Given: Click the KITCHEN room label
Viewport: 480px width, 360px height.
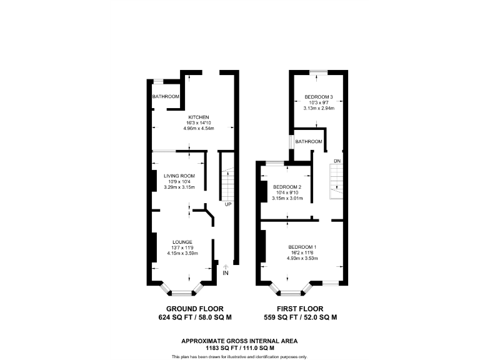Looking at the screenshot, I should [x=199, y=117].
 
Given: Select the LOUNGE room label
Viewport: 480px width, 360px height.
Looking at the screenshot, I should [x=182, y=242].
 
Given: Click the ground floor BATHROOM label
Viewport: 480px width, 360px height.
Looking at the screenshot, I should [x=166, y=97].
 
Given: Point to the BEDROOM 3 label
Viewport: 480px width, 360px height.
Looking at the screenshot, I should [x=319, y=97].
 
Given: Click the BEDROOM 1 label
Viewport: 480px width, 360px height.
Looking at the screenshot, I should [x=302, y=247].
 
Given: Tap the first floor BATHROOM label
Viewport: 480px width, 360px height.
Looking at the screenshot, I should [x=309, y=142].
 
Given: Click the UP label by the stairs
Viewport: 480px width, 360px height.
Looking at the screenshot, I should [x=228, y=204].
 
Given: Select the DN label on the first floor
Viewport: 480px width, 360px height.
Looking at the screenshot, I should [x=337, y=161].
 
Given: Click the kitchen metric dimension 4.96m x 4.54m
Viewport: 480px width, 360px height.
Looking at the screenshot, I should [x=199, y=129].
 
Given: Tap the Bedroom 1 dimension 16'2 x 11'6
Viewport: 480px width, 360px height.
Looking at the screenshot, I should [x=302, y=252].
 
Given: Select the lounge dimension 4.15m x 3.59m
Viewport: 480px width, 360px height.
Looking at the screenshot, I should [x=182, y=253].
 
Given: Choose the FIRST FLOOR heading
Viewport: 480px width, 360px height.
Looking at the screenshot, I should [x=300, y=309].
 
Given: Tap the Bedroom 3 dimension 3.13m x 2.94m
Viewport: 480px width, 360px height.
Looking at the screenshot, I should [x=319, y=108].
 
